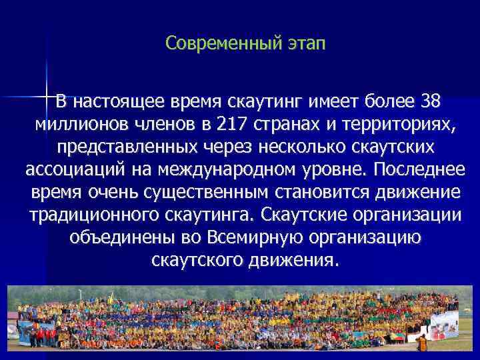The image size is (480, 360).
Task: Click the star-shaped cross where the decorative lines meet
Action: pyautogui.click(x=47, y=98)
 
